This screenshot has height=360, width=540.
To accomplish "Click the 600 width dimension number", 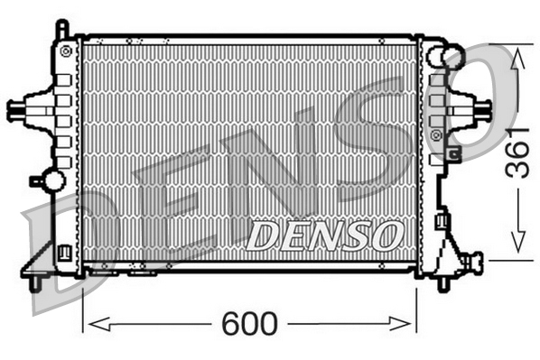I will tap(250, 324).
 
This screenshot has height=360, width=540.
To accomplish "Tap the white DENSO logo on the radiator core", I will tap(322, 236).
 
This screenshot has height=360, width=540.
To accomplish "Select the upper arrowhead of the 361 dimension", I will tap(517, 56).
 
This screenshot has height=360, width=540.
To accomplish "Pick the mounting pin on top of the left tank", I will tap(61, 29).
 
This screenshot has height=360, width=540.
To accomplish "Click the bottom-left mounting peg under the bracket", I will tap(34, 283).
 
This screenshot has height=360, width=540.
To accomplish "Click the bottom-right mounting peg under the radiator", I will tap(442, 283).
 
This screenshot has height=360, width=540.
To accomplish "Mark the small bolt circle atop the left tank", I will tap(65, 51).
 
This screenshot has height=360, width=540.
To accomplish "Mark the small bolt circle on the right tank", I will tap(437, 134).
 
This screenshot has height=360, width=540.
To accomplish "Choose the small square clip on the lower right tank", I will tap(442, 218).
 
